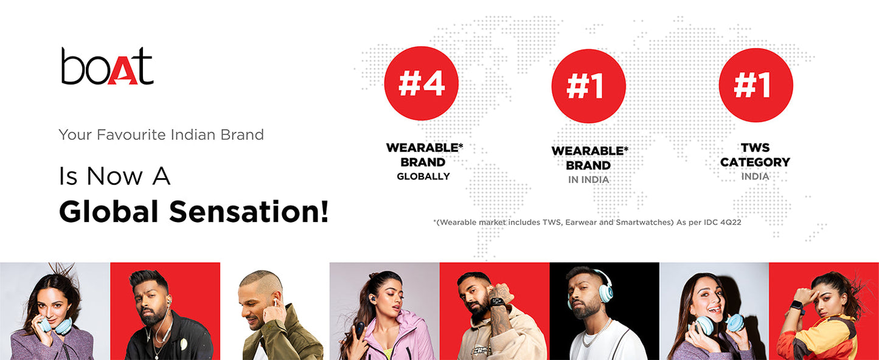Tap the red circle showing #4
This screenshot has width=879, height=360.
pos(421,83)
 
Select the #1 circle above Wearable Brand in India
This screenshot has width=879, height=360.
pos(588,86)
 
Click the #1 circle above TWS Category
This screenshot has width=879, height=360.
pos(756,85)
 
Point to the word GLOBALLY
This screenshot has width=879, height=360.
pos(423,176)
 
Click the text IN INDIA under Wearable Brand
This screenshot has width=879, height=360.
pos(589,179)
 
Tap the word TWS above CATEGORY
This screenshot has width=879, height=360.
pos(756,148)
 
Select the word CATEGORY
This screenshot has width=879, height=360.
pos(755,162)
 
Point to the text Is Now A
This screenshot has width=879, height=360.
pos(114,176)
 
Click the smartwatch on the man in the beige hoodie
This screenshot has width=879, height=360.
pos(498,303)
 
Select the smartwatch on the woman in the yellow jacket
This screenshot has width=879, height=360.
pos(797,306)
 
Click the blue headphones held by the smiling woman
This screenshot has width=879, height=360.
pos(718,324)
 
